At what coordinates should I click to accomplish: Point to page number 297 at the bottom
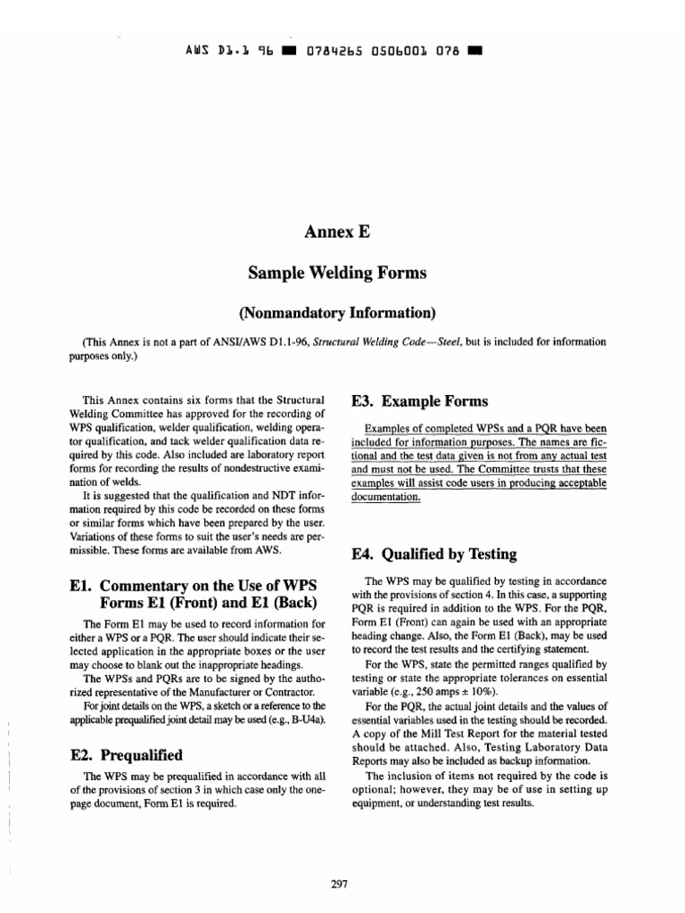pyautogui.click(x=338, y=884)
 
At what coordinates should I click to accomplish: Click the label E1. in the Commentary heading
pyautogui.click(x=83, y=587)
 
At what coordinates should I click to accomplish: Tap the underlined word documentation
pyautogui.click(x=384, y=497)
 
